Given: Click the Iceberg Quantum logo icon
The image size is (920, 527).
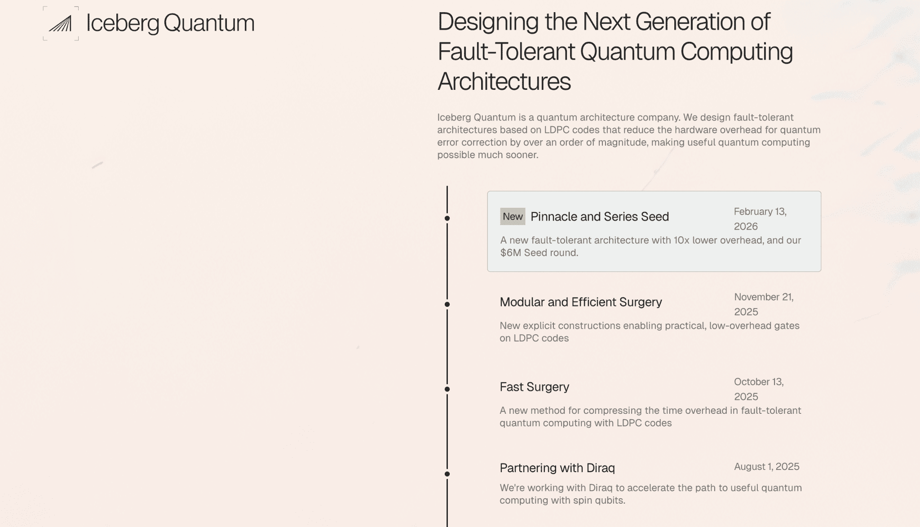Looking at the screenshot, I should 61,23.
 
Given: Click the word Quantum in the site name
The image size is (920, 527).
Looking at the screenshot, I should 209,23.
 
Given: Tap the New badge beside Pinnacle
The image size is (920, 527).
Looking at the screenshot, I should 513,217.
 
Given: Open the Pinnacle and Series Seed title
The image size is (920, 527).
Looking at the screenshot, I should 599,217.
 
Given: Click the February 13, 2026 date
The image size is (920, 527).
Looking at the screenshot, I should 760,218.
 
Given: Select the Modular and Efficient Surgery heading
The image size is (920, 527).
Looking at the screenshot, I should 580,302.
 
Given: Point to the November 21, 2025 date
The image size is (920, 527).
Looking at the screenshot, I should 763,304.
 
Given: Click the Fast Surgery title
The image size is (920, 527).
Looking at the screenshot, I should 534,387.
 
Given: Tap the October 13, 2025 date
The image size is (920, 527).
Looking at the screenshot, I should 758,389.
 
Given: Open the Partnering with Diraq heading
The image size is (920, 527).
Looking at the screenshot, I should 557,468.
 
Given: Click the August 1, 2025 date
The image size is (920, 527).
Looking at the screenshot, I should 766,466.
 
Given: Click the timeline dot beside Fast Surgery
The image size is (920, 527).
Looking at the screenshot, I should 447,389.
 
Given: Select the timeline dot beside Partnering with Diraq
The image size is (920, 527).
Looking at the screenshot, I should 447,474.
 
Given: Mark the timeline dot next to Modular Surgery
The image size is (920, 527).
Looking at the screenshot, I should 447,305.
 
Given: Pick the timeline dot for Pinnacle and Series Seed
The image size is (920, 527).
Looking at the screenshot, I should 447,218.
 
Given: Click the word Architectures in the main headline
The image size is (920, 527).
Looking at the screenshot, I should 504,81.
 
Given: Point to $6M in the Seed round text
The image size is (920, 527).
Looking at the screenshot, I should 510,252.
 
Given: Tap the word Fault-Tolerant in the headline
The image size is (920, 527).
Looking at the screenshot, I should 506,51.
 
